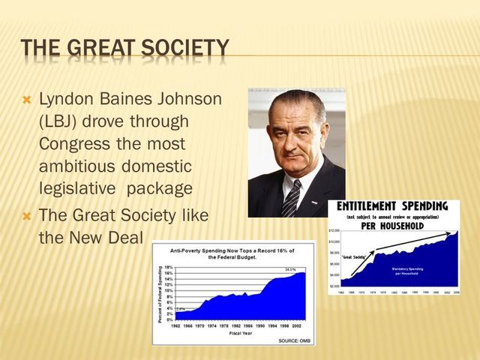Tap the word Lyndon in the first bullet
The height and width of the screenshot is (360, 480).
63,98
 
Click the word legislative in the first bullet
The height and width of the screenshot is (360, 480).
79,187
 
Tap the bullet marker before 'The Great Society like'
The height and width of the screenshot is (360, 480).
28,215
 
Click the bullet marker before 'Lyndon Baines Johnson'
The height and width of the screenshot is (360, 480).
28,98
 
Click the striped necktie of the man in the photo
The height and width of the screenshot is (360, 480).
291,198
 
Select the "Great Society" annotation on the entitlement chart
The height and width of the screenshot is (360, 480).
353,257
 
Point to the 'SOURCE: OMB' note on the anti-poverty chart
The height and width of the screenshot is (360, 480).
293,340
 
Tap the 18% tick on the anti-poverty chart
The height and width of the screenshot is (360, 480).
168,267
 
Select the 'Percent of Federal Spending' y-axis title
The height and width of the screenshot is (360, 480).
159,294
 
